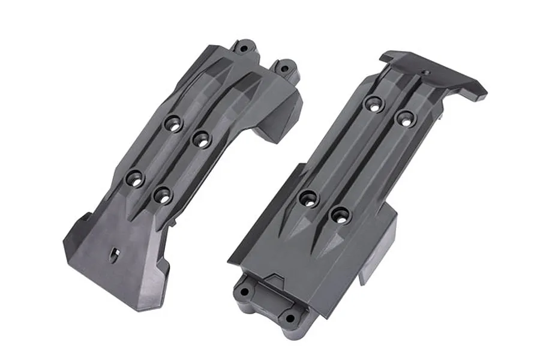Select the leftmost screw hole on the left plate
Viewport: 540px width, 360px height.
click(134, 178)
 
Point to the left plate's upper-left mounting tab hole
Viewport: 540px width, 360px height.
click(244, 46)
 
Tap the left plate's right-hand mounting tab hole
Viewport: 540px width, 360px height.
click(283, 67)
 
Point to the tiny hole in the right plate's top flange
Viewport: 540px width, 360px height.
click(425, 73)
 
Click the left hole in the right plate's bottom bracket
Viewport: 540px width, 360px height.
click(244, 292)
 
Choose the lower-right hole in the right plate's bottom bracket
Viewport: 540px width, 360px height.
click(290, 318)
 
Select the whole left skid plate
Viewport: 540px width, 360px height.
click(180, 174)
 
